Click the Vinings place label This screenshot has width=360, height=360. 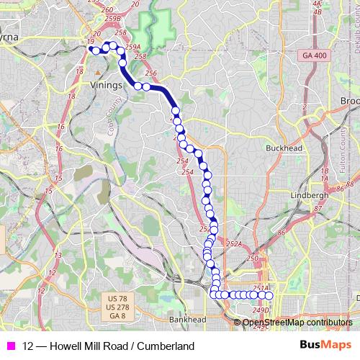click(x=107, y=84)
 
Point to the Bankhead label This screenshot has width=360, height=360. click(x=187, y=320)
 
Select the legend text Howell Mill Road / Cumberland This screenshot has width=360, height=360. click(x=108, y=346)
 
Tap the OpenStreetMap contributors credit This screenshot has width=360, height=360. click(x=297, y=323)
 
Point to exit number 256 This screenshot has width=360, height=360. click(x=150, y=73)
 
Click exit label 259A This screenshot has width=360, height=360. click(x=132, y=47)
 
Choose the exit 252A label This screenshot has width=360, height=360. click(x=233, y=245)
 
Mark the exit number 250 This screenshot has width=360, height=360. click(x=251, y=258)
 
